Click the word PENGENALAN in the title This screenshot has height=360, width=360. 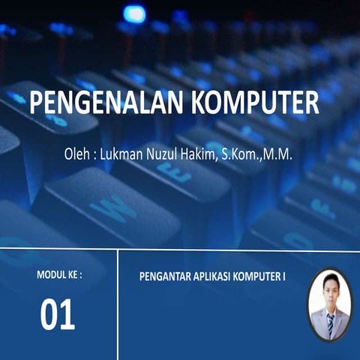click(100, 101)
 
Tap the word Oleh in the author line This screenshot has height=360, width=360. click(78, 156)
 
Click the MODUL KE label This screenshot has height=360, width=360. click(59, 275)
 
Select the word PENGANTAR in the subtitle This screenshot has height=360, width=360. click(166, 276)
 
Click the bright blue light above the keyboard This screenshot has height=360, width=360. click(134, 13)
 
